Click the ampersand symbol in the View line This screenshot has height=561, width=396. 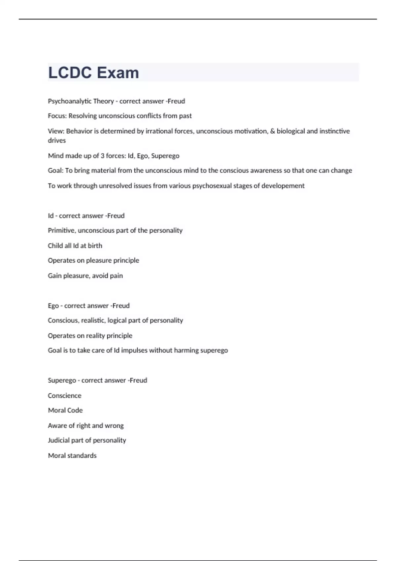[272, 131]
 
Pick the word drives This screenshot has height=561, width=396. [57, 141]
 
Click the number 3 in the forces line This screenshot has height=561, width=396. [102, 156]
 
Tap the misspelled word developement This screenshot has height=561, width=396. [283, 186]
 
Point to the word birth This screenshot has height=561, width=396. [95, 246]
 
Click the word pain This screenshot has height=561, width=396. [116, 276]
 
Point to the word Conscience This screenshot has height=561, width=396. [65, 395]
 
